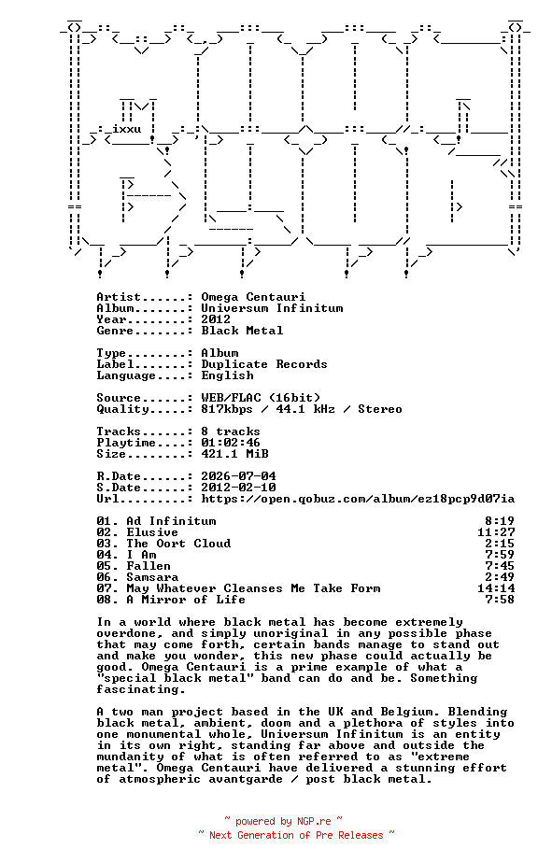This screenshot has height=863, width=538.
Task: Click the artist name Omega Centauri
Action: pyautogui.click(x=253, y=297)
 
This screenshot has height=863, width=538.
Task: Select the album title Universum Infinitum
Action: pyautogui.click(x=272, y=308)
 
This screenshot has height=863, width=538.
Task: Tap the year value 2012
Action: pyautogui.click(x=216, y=319)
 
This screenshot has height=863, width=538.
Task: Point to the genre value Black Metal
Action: pyautogui.click(x=242, y=331)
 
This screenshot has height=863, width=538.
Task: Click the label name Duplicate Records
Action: pyautogui.click(x=264, y=364)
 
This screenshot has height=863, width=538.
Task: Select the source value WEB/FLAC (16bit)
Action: pyautogui.click(x=261, y=398)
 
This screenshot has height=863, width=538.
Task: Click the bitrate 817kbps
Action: pyautogui.click(x=227, y=409)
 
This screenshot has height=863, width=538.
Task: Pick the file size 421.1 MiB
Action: pyautogui.click(x=234, y=454)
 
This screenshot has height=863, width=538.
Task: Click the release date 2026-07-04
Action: pyautogui.click(x=238, y=476)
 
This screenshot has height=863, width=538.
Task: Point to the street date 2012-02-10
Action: pyautogui.click(x=238, y=488)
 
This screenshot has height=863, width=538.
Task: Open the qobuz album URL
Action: pyautogui.click(x=358, y=499)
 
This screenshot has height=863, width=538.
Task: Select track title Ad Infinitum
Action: pyautogui.click(x=171, y=521)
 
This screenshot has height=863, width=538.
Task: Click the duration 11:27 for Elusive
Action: pyautogui.click(x=496, y=532)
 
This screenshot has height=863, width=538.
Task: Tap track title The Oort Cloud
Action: pyautogui.click(x=179, y=544)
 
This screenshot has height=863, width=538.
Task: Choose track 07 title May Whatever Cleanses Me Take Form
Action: pyautogui.click(x=253, y=588)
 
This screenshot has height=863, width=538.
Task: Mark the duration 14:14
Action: pyautogui.click(x=496, y=588)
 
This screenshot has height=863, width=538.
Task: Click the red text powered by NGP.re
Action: pyautogui.click(x=284, y=821)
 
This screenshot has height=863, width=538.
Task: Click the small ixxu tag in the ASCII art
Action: pyautogui.click(x=127, y=129)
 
